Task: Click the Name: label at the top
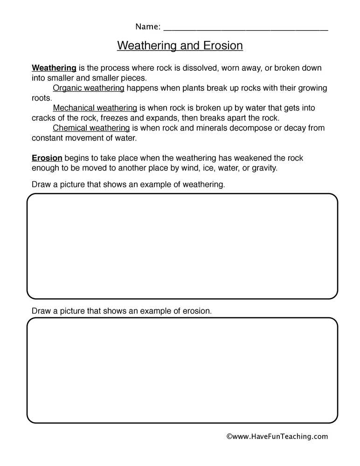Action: pyautogui.click(x=148, y=27)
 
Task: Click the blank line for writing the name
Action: pyautogui.click(x=246, y=28)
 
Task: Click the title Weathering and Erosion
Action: pyautogui.click(x=180, y=46)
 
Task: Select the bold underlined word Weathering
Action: pyautogui.click(x=54, y=68)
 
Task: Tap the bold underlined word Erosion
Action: pyautogui.click(x=47, y=158)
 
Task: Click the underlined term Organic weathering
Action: pyautogui.click(x=88, y=88)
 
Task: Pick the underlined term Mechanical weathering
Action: pyautogui.click(x=95, y=108)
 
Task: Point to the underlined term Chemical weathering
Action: pyautogui.click(x=91, y=128)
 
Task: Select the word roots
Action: pyautogui.click(x=41, y=98)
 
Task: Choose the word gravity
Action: pyautogui.click(x=264, y=168)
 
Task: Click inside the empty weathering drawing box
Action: pyautogui.click(x=182, y=246)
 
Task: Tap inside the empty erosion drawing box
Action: pyautogui.click(x=182, y=370)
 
